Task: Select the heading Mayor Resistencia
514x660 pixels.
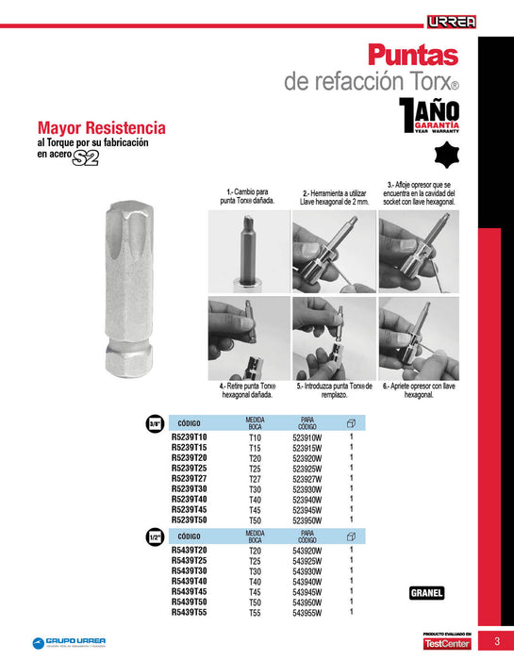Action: (101, 127)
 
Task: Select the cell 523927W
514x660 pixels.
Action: (307, 478)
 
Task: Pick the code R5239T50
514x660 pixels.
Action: (189, 520)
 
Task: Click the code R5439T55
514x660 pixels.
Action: (189, 613)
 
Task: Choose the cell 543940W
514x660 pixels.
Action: (307, 582)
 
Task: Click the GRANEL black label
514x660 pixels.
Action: (426, 593)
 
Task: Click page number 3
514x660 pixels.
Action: (496, 642)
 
